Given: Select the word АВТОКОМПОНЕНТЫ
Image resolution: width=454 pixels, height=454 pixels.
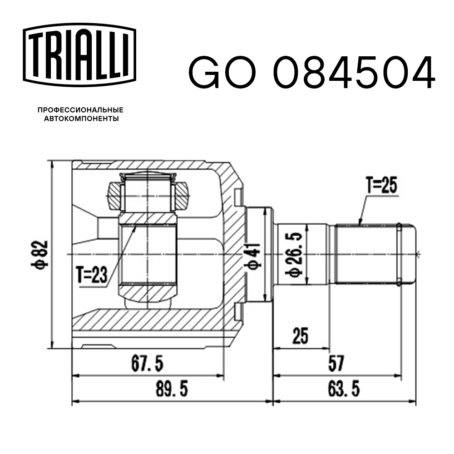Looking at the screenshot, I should pos(81,119).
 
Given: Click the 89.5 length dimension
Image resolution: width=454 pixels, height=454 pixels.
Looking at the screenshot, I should pos(171,390).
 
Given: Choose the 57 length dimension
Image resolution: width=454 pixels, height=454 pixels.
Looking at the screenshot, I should pos(337,364).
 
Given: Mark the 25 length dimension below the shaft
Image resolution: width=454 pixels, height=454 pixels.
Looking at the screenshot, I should pos(300,336).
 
